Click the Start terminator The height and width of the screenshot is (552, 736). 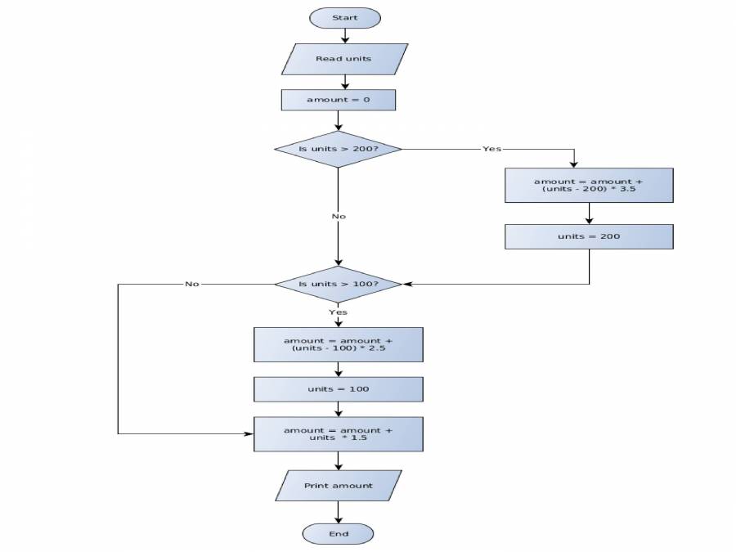[344, 17]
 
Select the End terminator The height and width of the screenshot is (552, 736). [338, 534]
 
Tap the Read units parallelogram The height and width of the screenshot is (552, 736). [343, 59]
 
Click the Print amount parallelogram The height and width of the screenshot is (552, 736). [338, 486]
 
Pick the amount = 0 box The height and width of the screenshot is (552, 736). [338, 100]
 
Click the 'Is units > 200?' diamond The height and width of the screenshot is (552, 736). [338, 149]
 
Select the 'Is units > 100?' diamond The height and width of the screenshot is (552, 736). [338, 284]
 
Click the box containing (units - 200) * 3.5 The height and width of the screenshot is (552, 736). [589, 186]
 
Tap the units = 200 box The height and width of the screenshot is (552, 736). [589, 236]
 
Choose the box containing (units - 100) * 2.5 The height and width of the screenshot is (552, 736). [338, 344]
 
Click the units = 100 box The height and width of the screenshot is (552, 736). [338, 389]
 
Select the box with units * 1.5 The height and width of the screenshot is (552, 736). [338, 434]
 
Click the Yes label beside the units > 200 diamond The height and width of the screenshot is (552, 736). [491, 149]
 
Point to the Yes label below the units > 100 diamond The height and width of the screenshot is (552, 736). [338, 312]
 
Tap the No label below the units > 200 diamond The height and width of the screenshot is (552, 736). [338, 217]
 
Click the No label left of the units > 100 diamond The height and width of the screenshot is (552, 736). [192, 284]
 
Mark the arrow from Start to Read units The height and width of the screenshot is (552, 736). [344, 35]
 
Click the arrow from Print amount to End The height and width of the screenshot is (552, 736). [338, 513]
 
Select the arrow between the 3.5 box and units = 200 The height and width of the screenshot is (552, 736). [589, 213]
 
